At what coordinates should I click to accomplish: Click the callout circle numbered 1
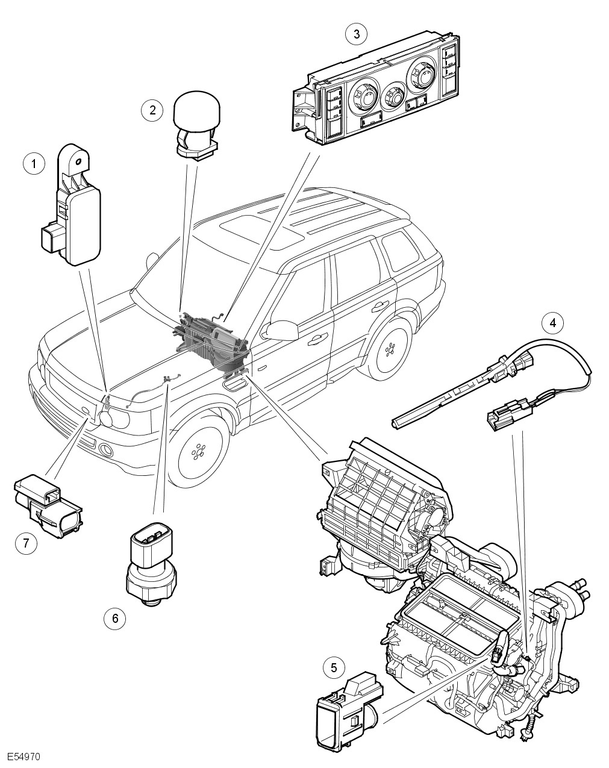[34, 164]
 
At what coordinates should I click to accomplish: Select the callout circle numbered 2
[152, 110]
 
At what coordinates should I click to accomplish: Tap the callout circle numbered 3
[357, 34]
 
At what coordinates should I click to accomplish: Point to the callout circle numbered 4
[552, 322]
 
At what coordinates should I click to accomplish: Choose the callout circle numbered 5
[334, 667]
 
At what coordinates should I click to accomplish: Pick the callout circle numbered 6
[115, 617]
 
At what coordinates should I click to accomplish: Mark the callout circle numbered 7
[25, 543]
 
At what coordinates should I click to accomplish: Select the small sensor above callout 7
[47, 504]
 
